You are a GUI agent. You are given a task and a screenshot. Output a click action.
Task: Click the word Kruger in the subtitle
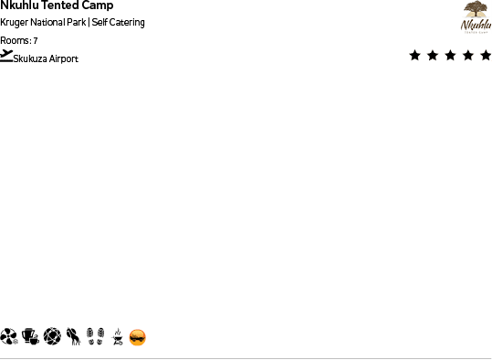(x=12, y=23)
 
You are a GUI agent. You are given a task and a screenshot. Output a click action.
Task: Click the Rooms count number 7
(x=36, y=41)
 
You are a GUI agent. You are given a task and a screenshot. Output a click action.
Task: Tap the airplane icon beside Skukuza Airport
(x=6, y=55)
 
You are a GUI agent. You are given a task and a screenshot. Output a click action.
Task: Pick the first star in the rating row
(x=415, y=56)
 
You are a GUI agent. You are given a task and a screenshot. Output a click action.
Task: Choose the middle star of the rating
(x=450, y=56)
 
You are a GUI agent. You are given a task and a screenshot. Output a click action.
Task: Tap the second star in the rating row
(x=433, y=56)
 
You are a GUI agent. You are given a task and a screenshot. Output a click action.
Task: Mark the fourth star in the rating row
(x=467, y=56)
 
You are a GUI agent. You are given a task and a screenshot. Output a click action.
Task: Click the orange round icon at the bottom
(x=137, y=338)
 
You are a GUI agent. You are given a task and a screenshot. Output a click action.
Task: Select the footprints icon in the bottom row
(x=95, y=337)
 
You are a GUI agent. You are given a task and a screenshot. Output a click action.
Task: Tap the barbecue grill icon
(x=116, y=338)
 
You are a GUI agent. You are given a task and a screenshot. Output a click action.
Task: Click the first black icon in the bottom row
(x=9, y=337)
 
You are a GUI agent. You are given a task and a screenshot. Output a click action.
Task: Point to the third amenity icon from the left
(x=52, y=337)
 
